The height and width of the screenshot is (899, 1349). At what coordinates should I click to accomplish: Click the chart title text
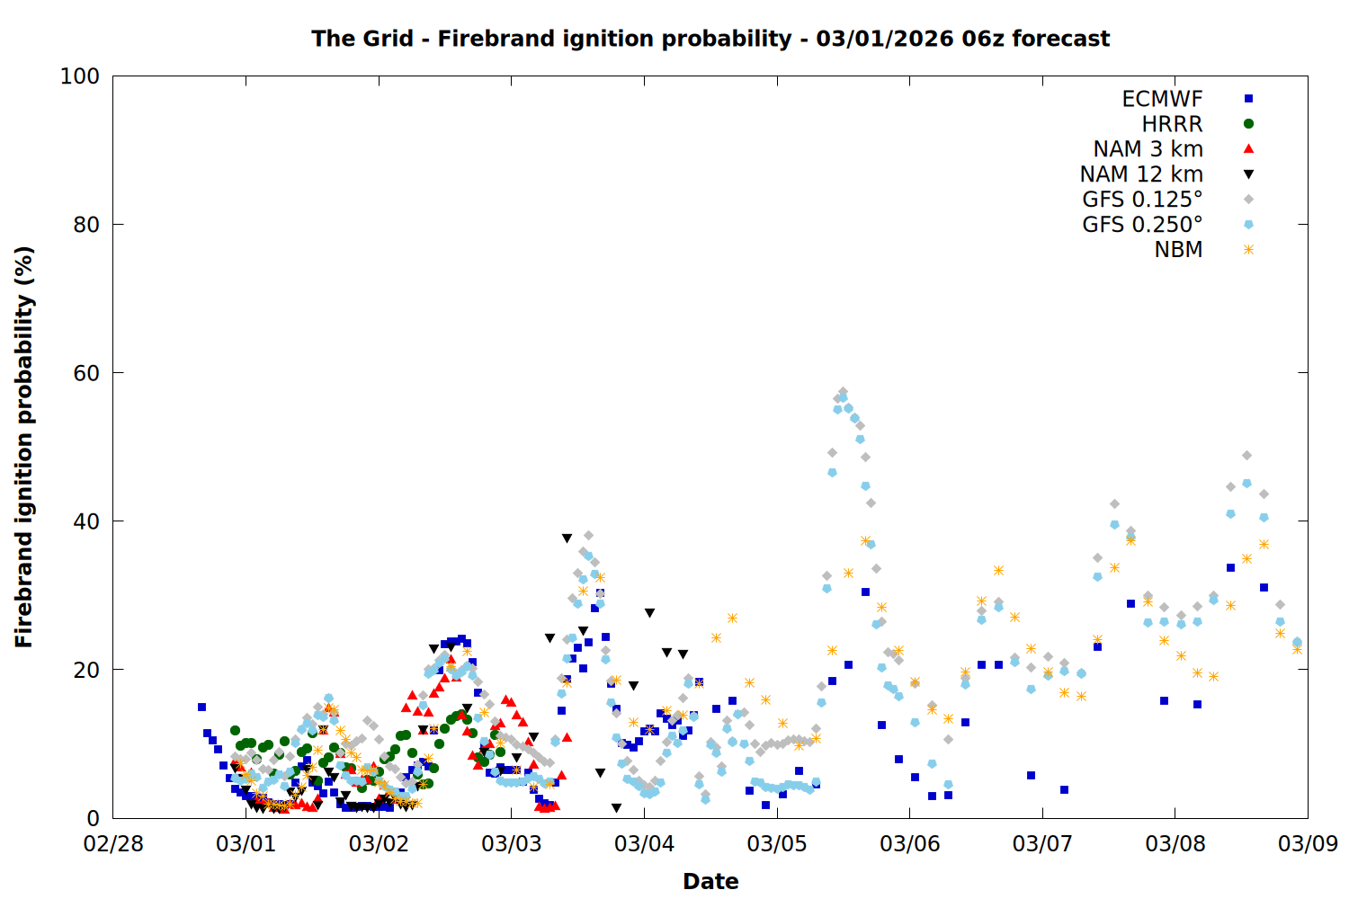(710, 39)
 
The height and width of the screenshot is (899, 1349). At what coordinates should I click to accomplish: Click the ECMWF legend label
(1162, 99)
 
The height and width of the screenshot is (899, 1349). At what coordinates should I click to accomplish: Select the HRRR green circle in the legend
(1248, 124)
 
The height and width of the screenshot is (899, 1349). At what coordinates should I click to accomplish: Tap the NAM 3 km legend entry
(1148, 149)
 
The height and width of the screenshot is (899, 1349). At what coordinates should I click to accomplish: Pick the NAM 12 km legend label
(1141, 174)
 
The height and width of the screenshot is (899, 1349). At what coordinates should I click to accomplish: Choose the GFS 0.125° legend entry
(1142, 200)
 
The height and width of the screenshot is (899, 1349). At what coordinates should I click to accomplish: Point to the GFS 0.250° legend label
(1142, 225)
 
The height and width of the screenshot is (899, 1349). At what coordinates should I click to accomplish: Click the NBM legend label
(1178, 250)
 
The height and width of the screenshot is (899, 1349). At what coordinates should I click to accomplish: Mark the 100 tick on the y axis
(80, 76)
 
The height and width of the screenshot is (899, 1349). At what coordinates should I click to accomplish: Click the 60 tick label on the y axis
(86, 373)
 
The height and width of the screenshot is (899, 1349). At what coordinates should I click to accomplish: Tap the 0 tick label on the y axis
(93, 818)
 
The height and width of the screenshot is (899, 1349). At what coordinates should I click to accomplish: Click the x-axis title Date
(710, 881)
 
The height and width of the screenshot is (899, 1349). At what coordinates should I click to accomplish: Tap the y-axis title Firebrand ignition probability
(24, 447)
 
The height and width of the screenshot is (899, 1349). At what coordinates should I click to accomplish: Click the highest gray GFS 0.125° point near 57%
(843, 392)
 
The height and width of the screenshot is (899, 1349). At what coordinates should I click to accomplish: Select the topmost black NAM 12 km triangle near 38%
(567, 539)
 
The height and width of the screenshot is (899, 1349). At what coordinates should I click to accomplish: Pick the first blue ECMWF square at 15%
(201, 707)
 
